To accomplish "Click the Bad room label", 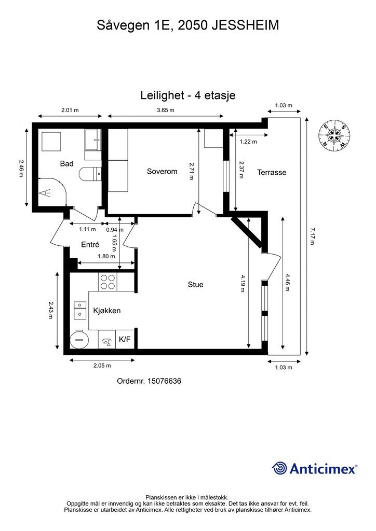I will point(66,163).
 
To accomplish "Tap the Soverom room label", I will point(162,171).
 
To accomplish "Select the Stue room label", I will point(196,285).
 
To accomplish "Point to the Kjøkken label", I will point(107,311).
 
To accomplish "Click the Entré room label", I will point(90,245).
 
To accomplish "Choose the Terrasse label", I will point(272,172).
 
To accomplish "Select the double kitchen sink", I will point(80,310).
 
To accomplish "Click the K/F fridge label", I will point(125,340).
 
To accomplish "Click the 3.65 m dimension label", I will point(166,110).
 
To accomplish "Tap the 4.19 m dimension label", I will point(242,283).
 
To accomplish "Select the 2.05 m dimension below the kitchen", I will point(102,366).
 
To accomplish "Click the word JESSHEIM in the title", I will point(246,25).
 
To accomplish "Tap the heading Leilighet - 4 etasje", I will point(188,95).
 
